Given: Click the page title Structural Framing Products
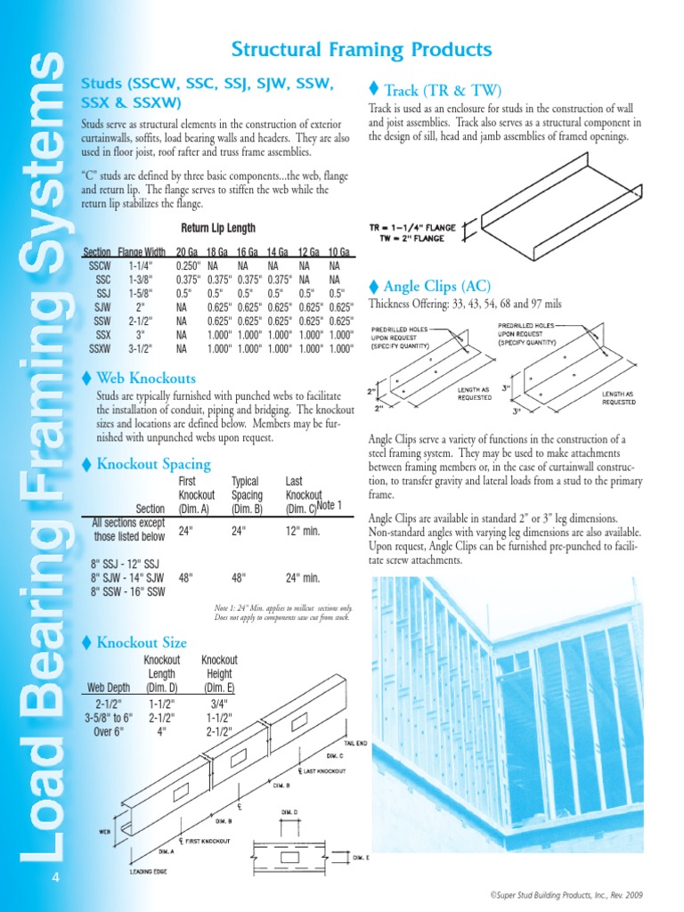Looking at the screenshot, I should pos(361,49).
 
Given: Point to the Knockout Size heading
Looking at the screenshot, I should pos(141,642).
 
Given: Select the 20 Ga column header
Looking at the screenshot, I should pos(188,252).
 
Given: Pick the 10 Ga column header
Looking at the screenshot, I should pos(338,252).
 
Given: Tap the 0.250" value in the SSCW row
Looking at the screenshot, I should pos(188,265).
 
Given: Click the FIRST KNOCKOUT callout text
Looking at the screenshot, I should pos(207,841).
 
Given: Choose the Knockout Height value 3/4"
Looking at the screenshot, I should pos(218,703).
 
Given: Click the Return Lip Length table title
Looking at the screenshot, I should pos(218,228).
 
